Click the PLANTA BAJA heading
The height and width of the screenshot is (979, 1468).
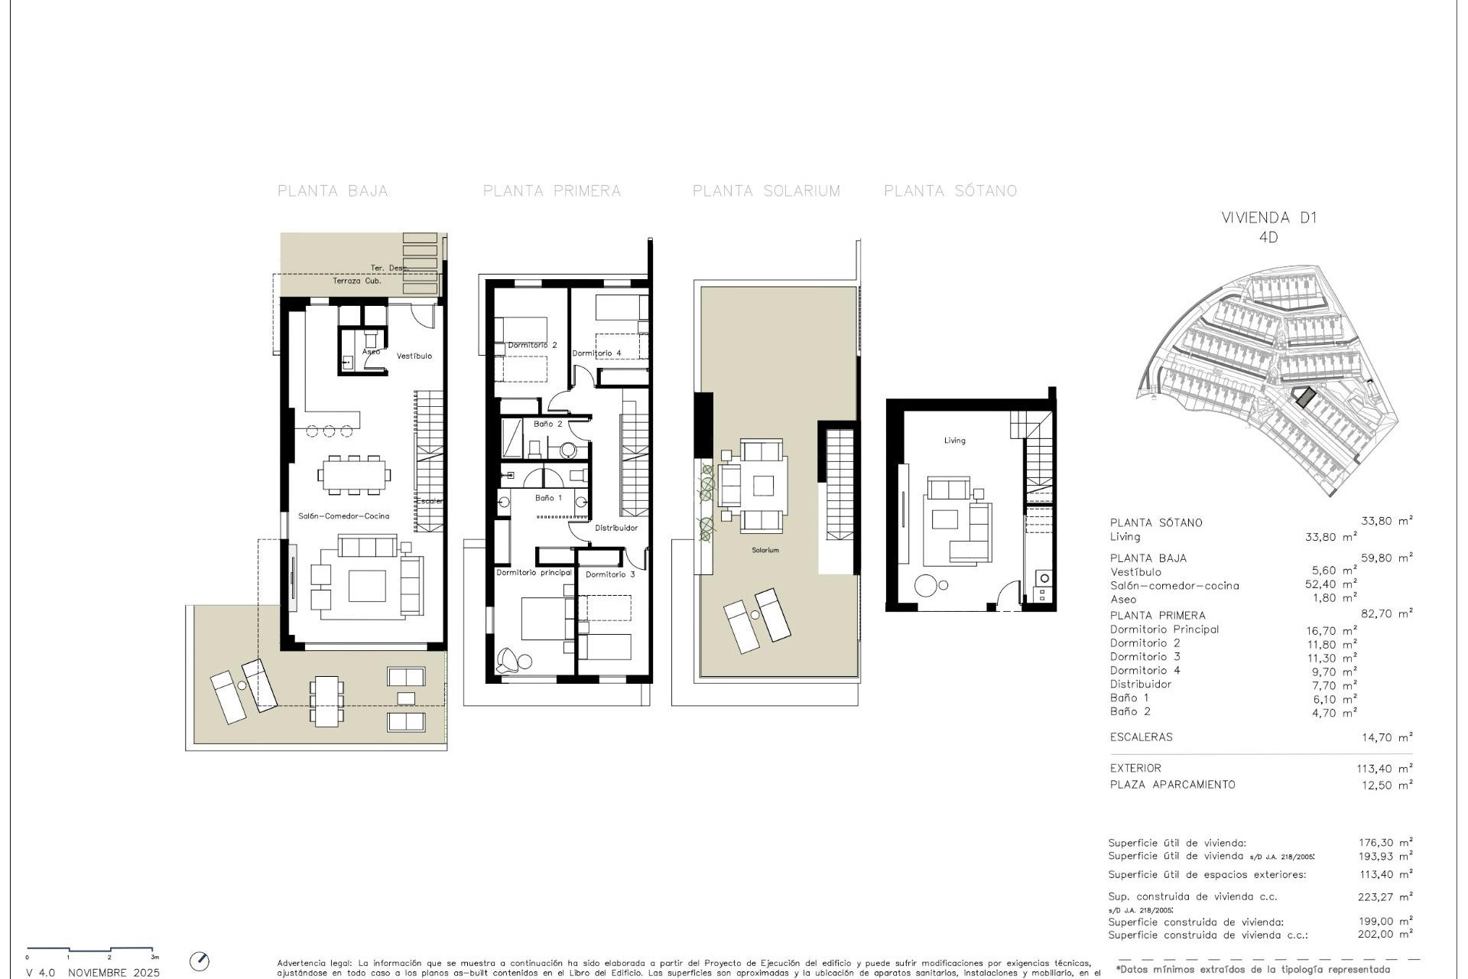pos(333,191)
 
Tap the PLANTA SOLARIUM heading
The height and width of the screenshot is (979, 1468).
pos(766,191)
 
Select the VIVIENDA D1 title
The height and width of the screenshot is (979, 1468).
pos(1269,217)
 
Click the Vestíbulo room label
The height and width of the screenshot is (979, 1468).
pos(414,356)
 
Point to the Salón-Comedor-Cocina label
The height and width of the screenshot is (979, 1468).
pos(343,516)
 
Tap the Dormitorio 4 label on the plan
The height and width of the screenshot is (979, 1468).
pos(596,353)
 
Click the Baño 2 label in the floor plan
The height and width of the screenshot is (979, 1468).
pos(547,424)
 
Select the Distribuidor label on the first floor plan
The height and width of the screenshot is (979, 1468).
pos(616,528)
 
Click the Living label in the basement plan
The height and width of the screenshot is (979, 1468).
pos(954,441)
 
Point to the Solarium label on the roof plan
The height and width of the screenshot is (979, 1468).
pos(765,551)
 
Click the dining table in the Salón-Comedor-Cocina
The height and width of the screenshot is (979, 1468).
pos(354,475)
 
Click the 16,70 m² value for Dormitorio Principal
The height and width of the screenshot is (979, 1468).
pos(1331,631)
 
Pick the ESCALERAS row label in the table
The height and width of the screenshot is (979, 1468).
pos(1141,737)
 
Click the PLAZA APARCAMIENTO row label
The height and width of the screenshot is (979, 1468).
pos(1172,785)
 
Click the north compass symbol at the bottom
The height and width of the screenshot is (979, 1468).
pos(199,961)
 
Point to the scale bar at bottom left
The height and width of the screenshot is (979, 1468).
pos(91,950)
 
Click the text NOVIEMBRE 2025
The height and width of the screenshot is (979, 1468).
pos(114,973)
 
